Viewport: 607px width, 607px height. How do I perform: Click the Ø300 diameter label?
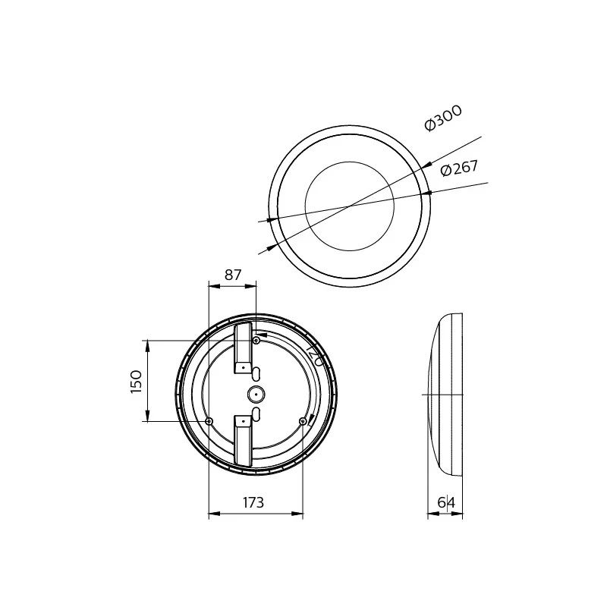pos(444,119)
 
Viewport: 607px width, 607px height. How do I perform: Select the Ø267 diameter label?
pos(460,168)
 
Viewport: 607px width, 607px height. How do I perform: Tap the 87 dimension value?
pos(233,275)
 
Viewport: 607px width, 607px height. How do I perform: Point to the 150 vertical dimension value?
pos(137,380)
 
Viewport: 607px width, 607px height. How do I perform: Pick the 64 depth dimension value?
pos(446,502)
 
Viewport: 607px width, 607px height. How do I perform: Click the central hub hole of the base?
pos(256,394)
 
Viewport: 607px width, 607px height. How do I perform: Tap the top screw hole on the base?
pos(256,341)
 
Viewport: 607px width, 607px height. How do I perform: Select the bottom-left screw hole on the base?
pos(209,421)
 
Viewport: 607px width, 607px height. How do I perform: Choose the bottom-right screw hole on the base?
pos(303,421)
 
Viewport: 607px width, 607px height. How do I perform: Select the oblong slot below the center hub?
pos(256,414)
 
